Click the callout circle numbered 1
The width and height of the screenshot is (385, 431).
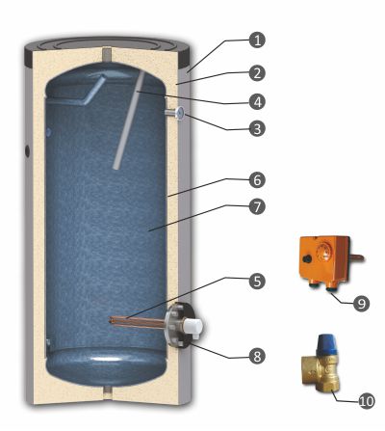coord(257,40)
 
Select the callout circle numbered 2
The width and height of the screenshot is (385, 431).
coord(257,73)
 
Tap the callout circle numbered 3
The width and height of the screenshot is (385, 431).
coord(257,129)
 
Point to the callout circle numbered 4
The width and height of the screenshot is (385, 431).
coord(257,102)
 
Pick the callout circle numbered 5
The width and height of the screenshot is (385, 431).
coord(257,281)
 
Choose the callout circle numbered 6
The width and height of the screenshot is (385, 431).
coord(257,180)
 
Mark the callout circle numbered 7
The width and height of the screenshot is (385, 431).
coord(257,207)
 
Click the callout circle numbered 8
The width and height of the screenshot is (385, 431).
coord(257,356)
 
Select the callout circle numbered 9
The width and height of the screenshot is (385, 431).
coord(361,304)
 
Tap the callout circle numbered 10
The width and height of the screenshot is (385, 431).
coord(366,401)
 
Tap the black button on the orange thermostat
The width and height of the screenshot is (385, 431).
coord(308,257)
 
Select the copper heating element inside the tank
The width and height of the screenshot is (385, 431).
coord(138,322)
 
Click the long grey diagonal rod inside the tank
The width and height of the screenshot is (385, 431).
coord(129,121)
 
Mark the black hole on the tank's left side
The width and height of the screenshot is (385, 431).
coord(27,150)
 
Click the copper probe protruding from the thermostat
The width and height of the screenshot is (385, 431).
coord(356,257)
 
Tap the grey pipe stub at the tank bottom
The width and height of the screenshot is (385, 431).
coord(107,391)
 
